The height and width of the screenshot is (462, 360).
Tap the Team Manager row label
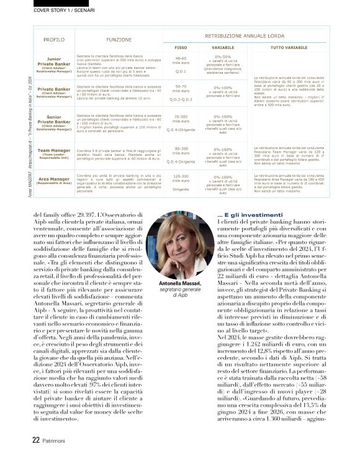pos(54,153)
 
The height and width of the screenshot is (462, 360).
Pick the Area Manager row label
pos(54,181)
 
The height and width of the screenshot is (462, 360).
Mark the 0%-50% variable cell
pos(222,57)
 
